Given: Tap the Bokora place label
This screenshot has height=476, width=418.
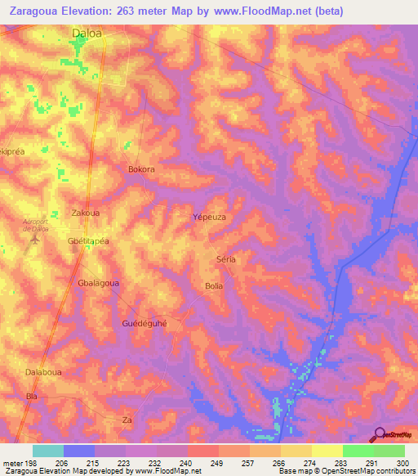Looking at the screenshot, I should coord(141,169).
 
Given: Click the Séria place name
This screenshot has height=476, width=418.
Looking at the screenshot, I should coord(225,259).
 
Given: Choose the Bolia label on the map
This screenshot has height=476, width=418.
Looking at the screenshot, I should coord(213,285).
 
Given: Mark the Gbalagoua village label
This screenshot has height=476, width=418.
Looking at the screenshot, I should coord(98,283).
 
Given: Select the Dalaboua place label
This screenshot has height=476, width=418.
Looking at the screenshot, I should coord(44,372).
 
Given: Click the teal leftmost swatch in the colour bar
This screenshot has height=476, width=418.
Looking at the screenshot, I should coord(48,451).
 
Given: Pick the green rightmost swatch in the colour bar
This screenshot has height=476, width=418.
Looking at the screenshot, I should coord(389,451).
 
